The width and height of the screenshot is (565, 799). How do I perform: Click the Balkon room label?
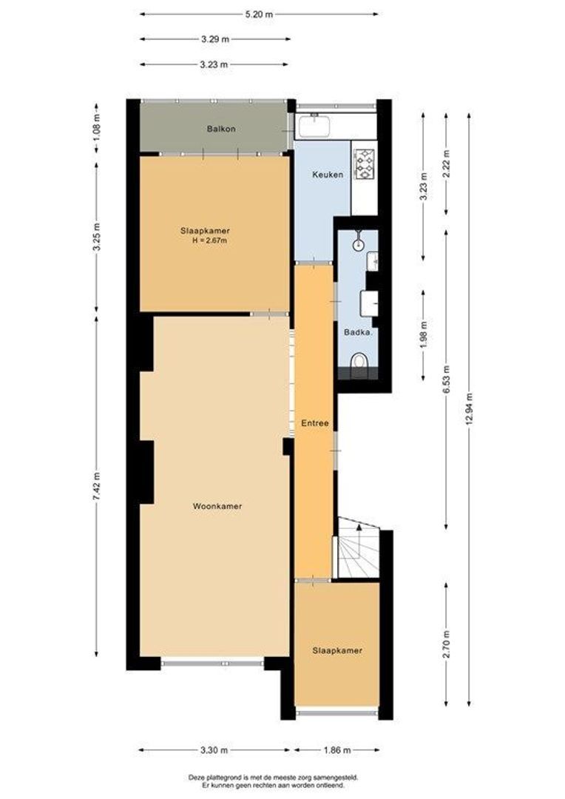[x=221, y=129]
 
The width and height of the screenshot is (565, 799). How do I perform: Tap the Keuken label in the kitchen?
[x=328, y=175]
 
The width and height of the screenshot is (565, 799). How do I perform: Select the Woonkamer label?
[x=217, y=506]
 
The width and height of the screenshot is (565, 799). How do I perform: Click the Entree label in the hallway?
[x=315, y=423]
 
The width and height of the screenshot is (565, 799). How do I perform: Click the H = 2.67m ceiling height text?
[x=210, y=240]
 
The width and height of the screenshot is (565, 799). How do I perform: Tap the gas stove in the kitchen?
[x=365, y=163]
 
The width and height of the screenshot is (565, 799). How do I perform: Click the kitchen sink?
[x=314, y=126]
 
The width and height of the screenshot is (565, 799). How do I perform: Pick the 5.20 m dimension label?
[x=259, y=14]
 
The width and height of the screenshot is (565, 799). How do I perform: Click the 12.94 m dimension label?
[x=469, y=408]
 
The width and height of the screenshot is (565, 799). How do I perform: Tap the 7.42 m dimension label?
[x=97, y=486]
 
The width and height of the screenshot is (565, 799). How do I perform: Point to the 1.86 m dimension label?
[x=336, y=749]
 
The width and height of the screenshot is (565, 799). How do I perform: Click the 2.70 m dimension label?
[x=446, y=644]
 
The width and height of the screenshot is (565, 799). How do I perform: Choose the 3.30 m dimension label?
[x=214, y=749]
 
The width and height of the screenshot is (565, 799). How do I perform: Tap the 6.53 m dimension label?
[x=446, y=379]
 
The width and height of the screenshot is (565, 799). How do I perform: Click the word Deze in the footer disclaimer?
[x=196, y=778]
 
